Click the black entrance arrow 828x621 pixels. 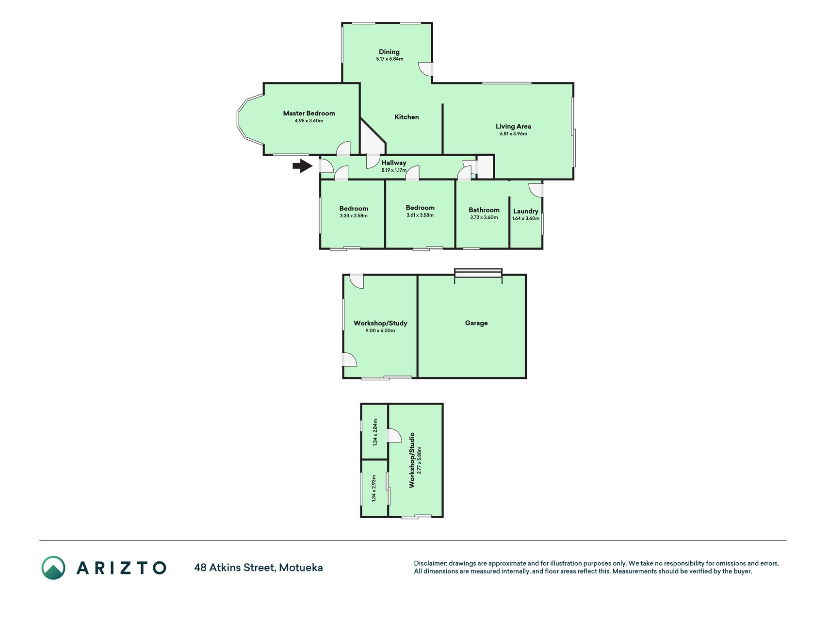coord(303,166)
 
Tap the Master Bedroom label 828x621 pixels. coord(309,113)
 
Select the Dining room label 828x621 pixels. coord(389,52)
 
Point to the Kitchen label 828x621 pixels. coord(406,117)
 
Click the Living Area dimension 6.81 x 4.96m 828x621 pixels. coord(513,134)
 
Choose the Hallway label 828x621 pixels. coord(394,163)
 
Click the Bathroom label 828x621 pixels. coord(484,210)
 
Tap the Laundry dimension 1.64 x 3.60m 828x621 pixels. coord(526,218)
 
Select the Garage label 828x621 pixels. coord(476,323)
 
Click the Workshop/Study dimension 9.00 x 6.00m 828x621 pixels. coord(380,331)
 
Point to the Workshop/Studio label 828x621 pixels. coord(412,460)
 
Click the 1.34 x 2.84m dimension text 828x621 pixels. coord(375,432)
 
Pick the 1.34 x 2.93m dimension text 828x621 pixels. coord(374,488)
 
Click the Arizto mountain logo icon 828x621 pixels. coord(53,568)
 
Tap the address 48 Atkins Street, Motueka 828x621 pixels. coord(259,568)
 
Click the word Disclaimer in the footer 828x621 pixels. coord(430,563)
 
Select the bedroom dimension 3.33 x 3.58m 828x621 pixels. coord(354,216)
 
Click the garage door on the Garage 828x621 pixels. coord(478,274)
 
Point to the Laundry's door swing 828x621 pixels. coord(536,190)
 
